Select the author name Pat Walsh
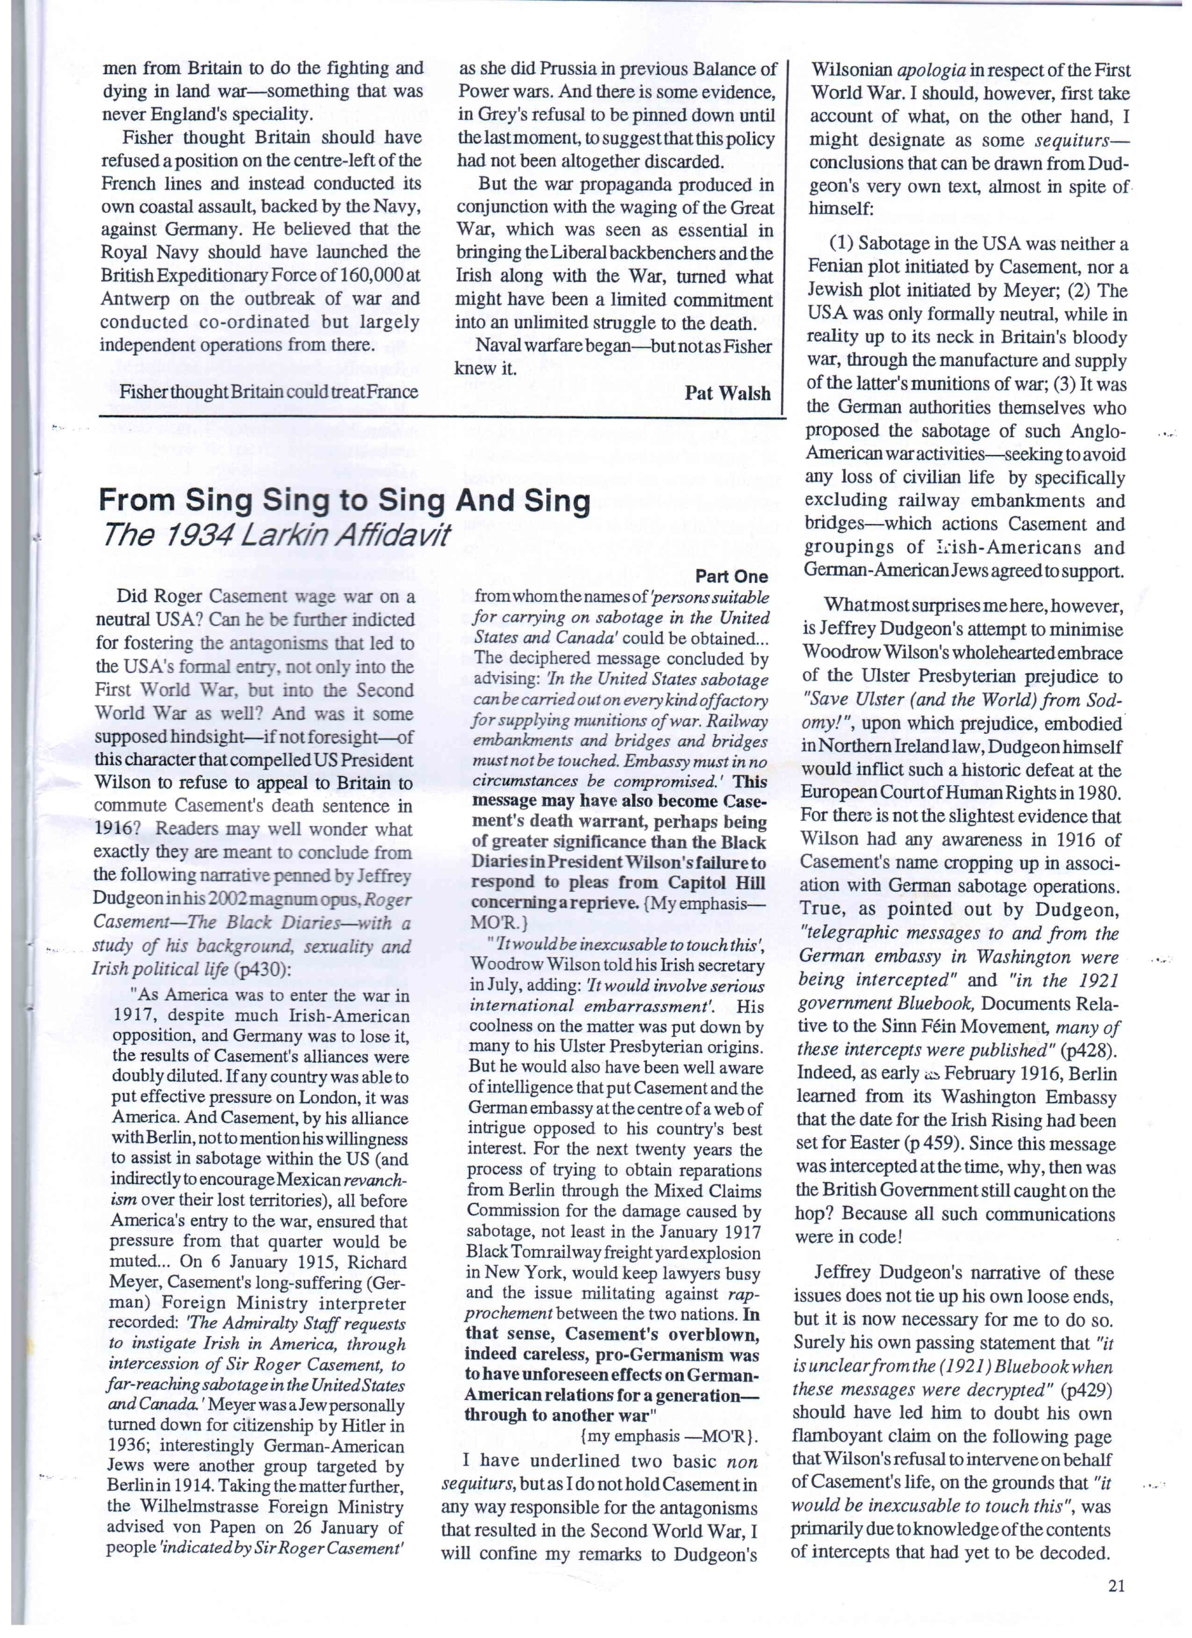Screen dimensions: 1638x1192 727,393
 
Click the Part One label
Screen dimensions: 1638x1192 731,576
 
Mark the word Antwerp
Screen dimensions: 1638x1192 134,299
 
